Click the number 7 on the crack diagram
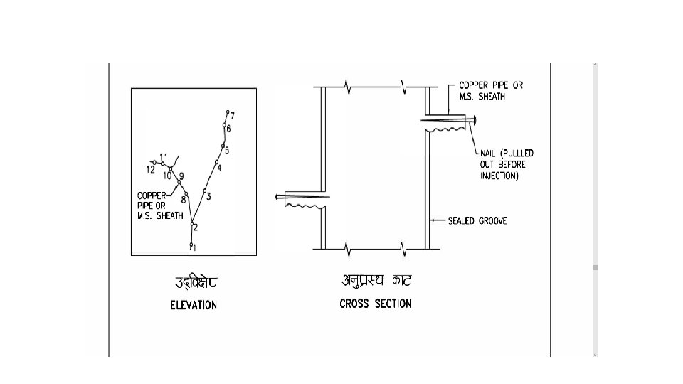coord(233,115)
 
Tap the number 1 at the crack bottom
coord(194,247)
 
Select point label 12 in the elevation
coord(150,170)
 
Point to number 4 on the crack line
coord(219,168)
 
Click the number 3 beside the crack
coord(209,196)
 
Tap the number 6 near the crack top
coord(228,129)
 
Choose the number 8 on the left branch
coord(184,200)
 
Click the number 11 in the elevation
coord(164,157)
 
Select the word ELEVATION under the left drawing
coord(194,305)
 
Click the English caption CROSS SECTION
coord(375,304)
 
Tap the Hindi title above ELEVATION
coord(196,282)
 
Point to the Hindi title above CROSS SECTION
coord(376,281)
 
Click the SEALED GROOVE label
coord(477,221)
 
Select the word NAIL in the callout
coord(480,153)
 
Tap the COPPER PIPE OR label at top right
coord(490,85)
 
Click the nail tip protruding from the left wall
coord(277,196)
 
